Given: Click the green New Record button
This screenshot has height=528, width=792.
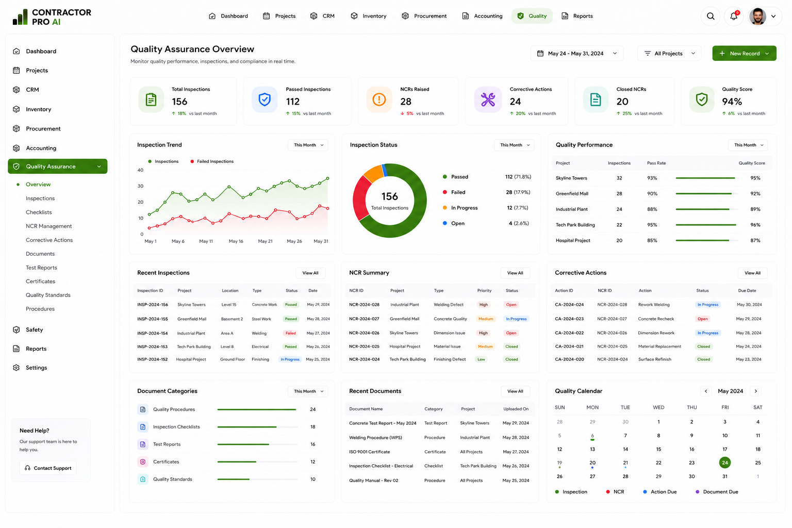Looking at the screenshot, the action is coord(744,54).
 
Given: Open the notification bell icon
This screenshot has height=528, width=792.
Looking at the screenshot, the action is coord(734,16).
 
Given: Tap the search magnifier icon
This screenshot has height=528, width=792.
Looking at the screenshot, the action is coord(711,16).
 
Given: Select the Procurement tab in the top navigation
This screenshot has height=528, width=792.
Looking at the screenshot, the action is coord(424,16).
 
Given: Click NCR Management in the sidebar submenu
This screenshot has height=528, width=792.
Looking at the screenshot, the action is coord(49,226).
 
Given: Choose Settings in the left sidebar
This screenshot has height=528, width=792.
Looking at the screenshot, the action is coord(36,368).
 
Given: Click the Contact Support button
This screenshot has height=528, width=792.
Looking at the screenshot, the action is coord(48,468).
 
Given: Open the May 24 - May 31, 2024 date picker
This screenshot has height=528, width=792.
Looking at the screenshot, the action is coord(576,54).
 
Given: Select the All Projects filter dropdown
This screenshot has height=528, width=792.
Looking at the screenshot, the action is coord(669,54).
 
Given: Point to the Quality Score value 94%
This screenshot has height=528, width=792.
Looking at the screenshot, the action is coord(732,102).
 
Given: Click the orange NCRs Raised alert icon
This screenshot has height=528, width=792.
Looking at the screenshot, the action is coord(379,100).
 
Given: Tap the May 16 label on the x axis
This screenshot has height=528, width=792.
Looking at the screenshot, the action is coord(236,241).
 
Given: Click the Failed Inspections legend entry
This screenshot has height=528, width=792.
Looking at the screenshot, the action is coord(212,161).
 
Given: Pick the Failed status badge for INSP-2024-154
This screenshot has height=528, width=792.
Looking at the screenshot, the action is coord(291,333).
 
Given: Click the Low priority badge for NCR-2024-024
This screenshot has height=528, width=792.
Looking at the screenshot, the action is coord(481,359).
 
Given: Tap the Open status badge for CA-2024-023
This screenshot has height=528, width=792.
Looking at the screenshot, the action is coord(703,319).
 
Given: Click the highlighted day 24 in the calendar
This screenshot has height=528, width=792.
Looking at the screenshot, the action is coord(725,463).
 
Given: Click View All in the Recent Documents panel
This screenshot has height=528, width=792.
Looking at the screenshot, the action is coord(515,391).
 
